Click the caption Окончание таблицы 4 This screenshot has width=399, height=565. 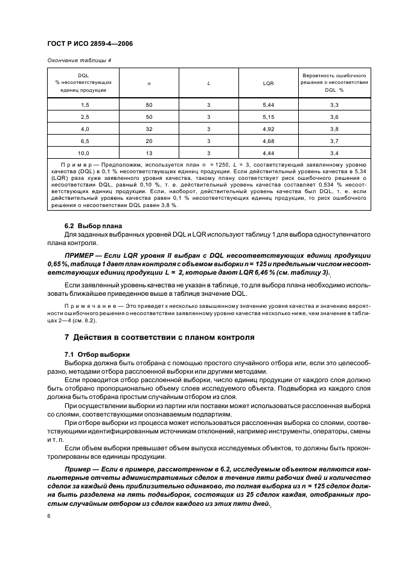78,60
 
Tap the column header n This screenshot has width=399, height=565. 149,83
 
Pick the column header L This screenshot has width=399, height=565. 208,83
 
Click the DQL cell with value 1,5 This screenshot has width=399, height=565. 85,105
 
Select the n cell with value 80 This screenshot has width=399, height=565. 149,105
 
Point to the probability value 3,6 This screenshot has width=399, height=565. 334,117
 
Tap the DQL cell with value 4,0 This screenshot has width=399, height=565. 85,129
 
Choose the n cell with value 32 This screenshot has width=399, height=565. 149,129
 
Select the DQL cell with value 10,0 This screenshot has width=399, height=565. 85,153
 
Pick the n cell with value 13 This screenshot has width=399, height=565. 149,153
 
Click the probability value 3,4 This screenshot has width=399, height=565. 334,153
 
